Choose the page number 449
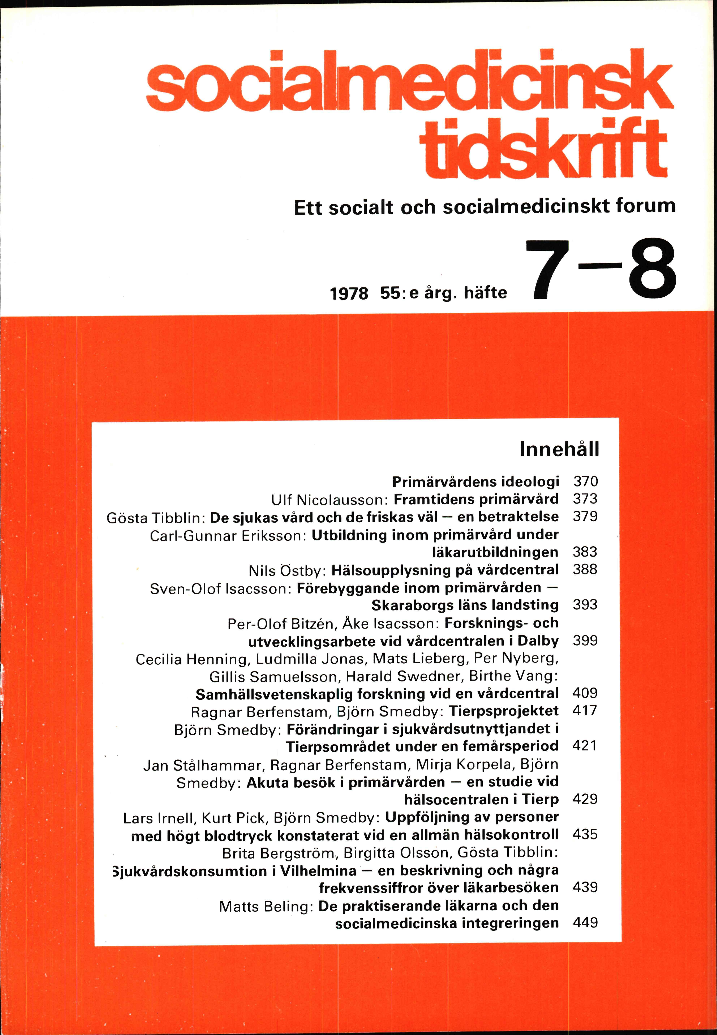[x=585, y=923]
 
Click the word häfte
[x=485, y=293]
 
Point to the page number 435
[x=585, y=835]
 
